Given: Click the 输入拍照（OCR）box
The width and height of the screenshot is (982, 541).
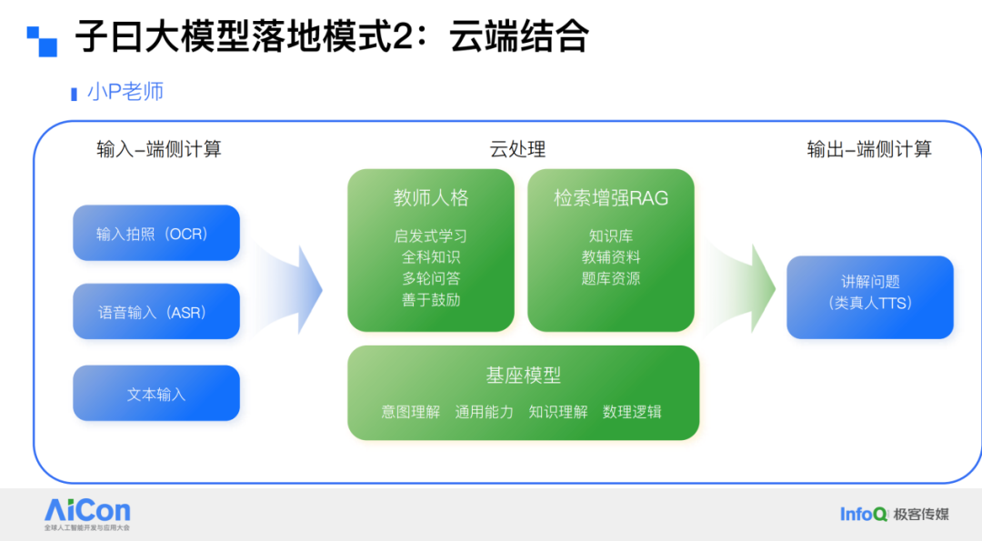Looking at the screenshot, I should pyautogui.click(x=155, y=234).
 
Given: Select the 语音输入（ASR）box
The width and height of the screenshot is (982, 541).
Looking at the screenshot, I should pyautogui.click(x=155, y=312).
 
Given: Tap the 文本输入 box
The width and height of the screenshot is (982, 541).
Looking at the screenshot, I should pyautogui.click(x=155, y=394).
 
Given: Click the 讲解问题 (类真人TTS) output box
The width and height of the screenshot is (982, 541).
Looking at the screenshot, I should pyautogui.click(x=869, y=293).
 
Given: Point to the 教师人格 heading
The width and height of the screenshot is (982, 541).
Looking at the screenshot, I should pyautogui.click(x=431, y=197).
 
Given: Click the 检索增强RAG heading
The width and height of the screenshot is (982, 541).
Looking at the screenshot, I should pyautogui.click(x=611, y=197).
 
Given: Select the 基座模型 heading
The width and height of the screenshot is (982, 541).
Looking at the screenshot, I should pyautogui.click(x=523, y=375).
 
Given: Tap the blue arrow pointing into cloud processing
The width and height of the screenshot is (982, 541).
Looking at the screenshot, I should pyautogui.click(x=293, y=289).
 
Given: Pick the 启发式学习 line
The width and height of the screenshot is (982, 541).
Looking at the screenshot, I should pyautogui.click(x=431, y=236).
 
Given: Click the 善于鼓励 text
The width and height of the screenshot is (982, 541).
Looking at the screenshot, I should pyautogui.click(x=431, y=300).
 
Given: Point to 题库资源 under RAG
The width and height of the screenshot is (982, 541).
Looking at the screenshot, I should pyautogui.click(x=611, y=278).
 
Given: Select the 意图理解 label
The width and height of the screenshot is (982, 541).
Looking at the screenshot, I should pyautogui.click(x=410, y=412).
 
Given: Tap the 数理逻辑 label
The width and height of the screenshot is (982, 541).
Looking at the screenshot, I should pyautogui.click(x=632, y=412).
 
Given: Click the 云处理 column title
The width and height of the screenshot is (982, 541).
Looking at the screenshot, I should pyautogui.click(x=517, y=150).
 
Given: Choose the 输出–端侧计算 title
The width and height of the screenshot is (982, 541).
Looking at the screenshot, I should pyautogui.click(x=869, y=150).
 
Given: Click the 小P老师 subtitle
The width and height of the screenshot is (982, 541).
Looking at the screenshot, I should pyautogui.click(x=125, y=92).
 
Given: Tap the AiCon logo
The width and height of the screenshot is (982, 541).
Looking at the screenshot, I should pyautogui.click(x=87, y=513).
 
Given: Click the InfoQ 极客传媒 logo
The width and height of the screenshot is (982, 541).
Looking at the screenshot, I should pyautogui.click(x=894, y=514).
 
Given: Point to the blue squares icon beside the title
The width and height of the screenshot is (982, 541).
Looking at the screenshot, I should pyautogui.click(x=41, y=40).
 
